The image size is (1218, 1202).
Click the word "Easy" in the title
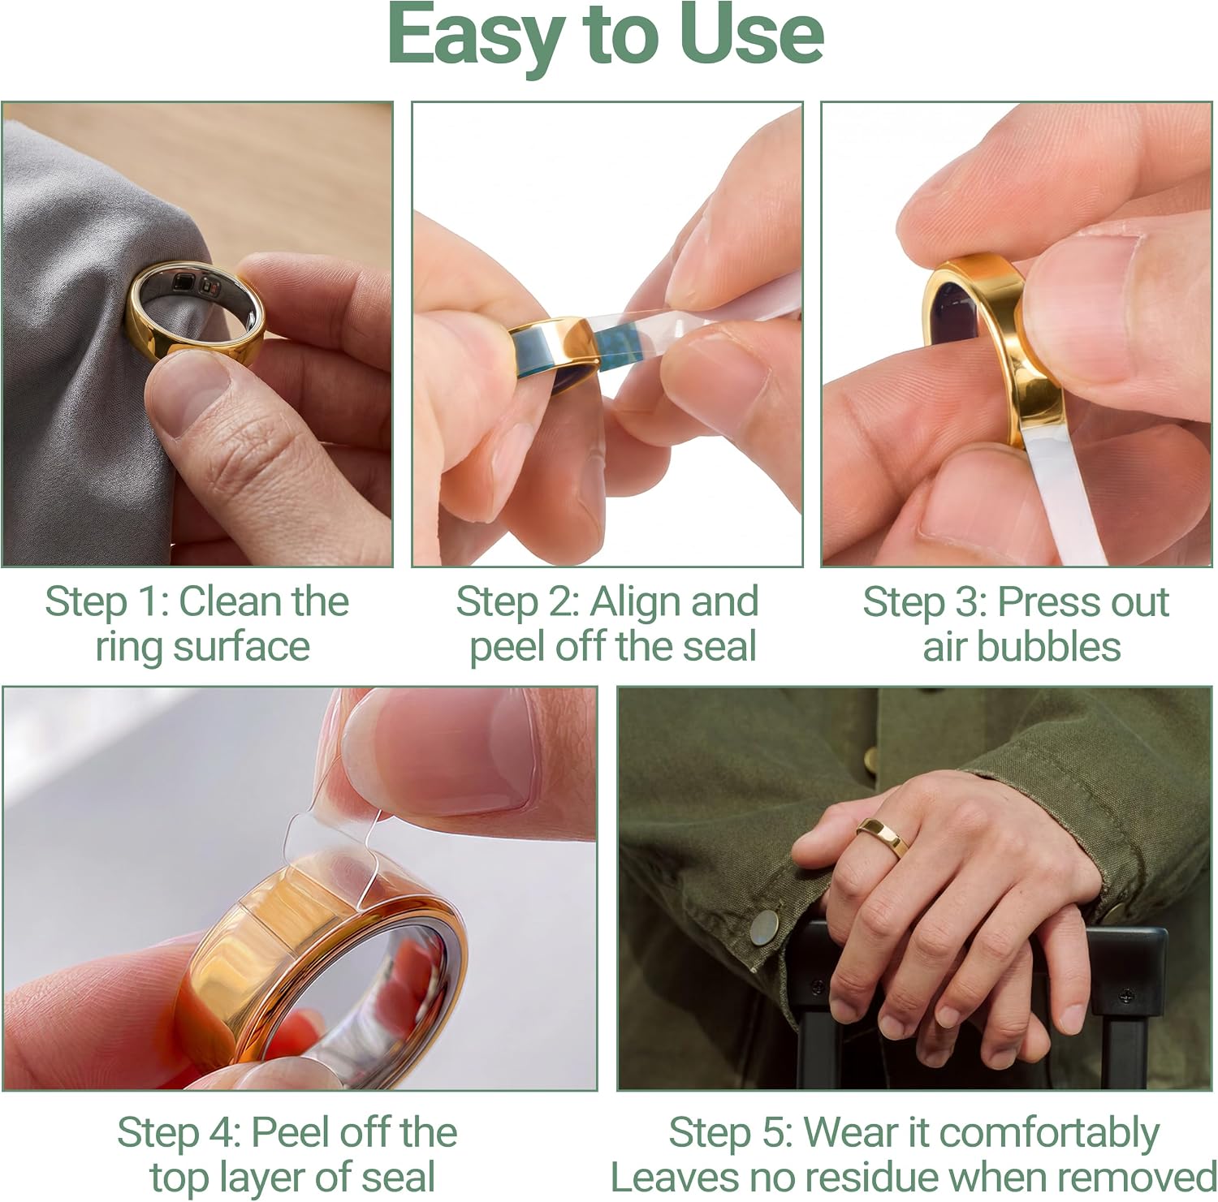point(476,37)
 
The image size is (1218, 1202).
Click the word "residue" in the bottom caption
point(861,1178)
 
